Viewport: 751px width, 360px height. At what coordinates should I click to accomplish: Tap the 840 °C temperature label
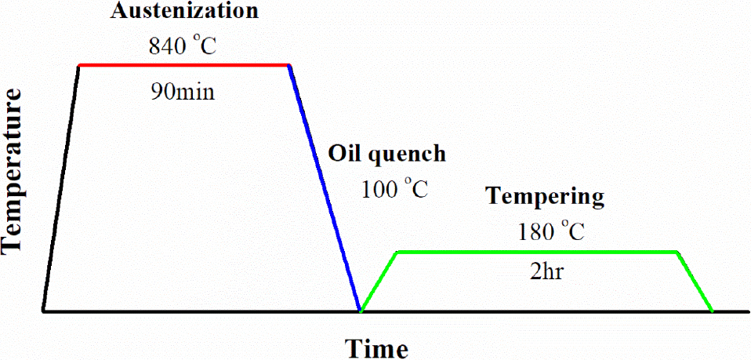point(182,45)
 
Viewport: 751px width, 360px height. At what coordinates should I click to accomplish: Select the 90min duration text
point(182,92)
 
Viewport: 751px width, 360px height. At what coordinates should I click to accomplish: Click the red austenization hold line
point(184,65)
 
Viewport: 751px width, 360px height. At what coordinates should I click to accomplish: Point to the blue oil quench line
point(325,188)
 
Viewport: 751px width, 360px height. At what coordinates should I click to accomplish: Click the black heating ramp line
point(61,188)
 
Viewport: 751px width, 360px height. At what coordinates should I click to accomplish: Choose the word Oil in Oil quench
point(343,154)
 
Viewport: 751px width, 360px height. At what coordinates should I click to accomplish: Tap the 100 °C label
point(395,189)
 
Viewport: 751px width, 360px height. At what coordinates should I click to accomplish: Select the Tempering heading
point(545,196)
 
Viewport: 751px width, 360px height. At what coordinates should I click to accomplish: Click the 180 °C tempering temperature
point(552,231)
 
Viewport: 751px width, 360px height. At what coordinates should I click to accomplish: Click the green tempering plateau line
point(537,252)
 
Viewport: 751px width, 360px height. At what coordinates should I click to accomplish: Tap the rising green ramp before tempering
point(379,282)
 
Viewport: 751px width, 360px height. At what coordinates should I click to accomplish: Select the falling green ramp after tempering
point(695,282)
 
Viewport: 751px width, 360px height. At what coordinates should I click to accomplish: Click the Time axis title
point(378,347)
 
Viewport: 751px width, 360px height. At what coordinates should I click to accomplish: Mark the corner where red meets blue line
point(289,66)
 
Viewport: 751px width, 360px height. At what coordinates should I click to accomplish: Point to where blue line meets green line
point(360,311)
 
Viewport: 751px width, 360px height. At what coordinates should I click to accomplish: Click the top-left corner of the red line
point(79,66)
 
